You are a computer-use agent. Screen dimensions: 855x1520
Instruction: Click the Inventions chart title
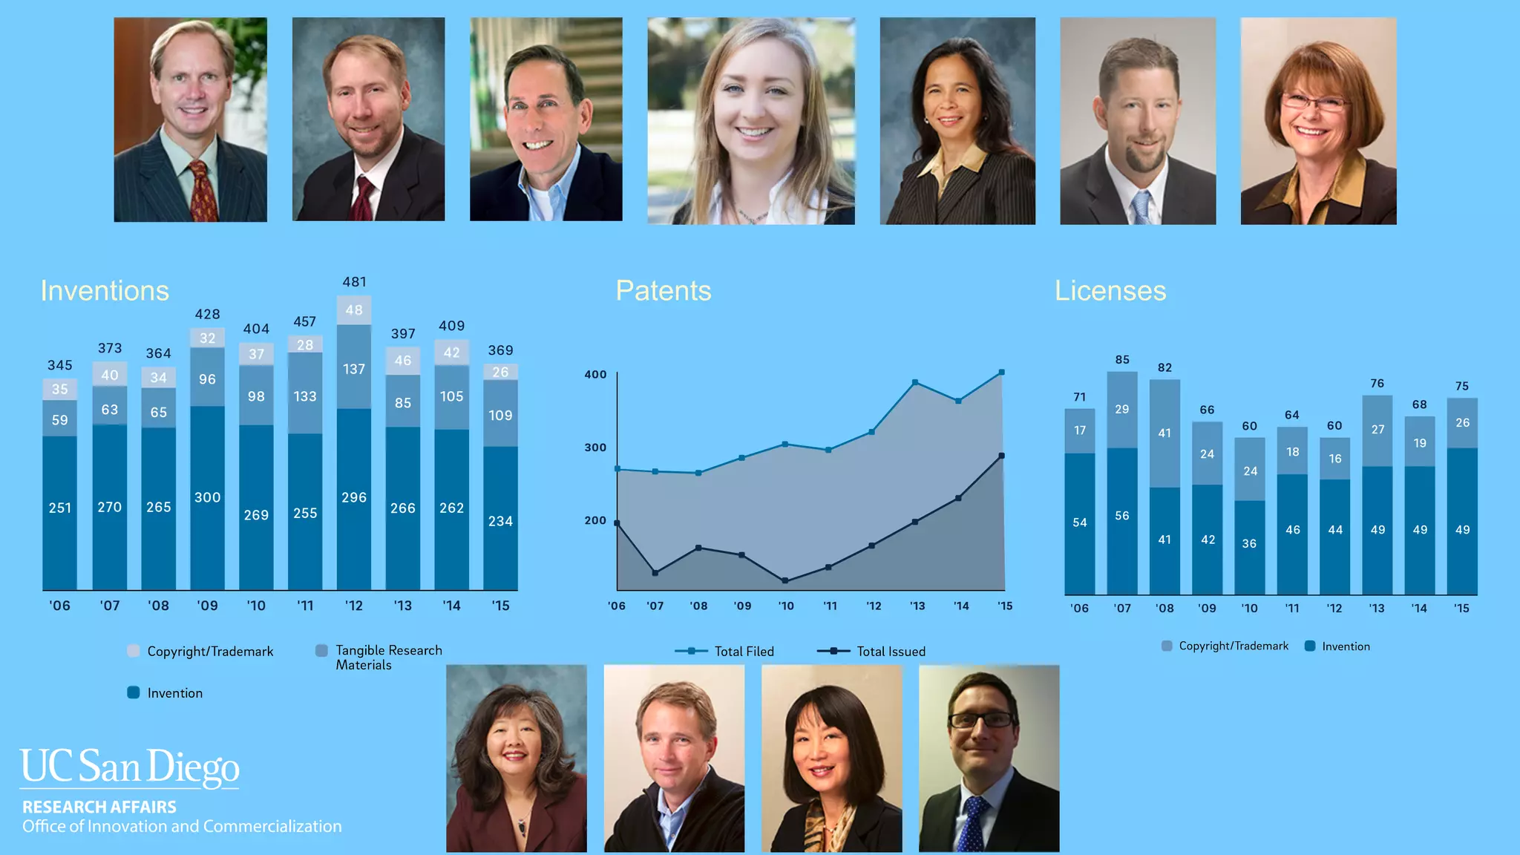(x=105, y=291)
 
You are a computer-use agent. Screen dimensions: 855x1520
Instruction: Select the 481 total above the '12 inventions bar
(x=354, y=282)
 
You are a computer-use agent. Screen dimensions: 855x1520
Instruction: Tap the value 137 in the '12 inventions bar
(x=354, y=369)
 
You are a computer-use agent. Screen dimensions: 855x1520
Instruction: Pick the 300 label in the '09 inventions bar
(x=207, y=497)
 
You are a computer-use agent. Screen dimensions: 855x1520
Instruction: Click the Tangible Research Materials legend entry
(x=387, y=658)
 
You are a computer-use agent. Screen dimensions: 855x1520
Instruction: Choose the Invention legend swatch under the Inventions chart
(x=134, y=692)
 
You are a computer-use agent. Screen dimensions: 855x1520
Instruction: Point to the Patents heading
(x=663, y=291)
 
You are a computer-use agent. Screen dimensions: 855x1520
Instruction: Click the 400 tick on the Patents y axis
(x=595, y=375)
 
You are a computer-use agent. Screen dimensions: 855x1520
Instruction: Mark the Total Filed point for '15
(x=1002, y=373)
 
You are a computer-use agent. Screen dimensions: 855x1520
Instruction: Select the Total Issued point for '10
(x=785, y=580)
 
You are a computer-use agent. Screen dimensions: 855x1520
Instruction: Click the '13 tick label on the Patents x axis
(x=917, y=606)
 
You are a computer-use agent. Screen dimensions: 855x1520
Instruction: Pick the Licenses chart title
(x=1110, y=291)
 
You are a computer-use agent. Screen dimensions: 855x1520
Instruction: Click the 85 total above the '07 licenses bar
(x=1122, y=360)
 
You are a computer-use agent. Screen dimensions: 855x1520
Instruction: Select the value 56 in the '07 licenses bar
(x=1122, y=516)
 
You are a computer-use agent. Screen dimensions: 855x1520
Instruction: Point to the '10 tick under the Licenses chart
(x=1249, y=609)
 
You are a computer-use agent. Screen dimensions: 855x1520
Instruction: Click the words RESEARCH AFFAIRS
(x=99, y=807)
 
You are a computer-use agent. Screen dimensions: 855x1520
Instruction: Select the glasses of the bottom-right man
(x=981, y=719)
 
